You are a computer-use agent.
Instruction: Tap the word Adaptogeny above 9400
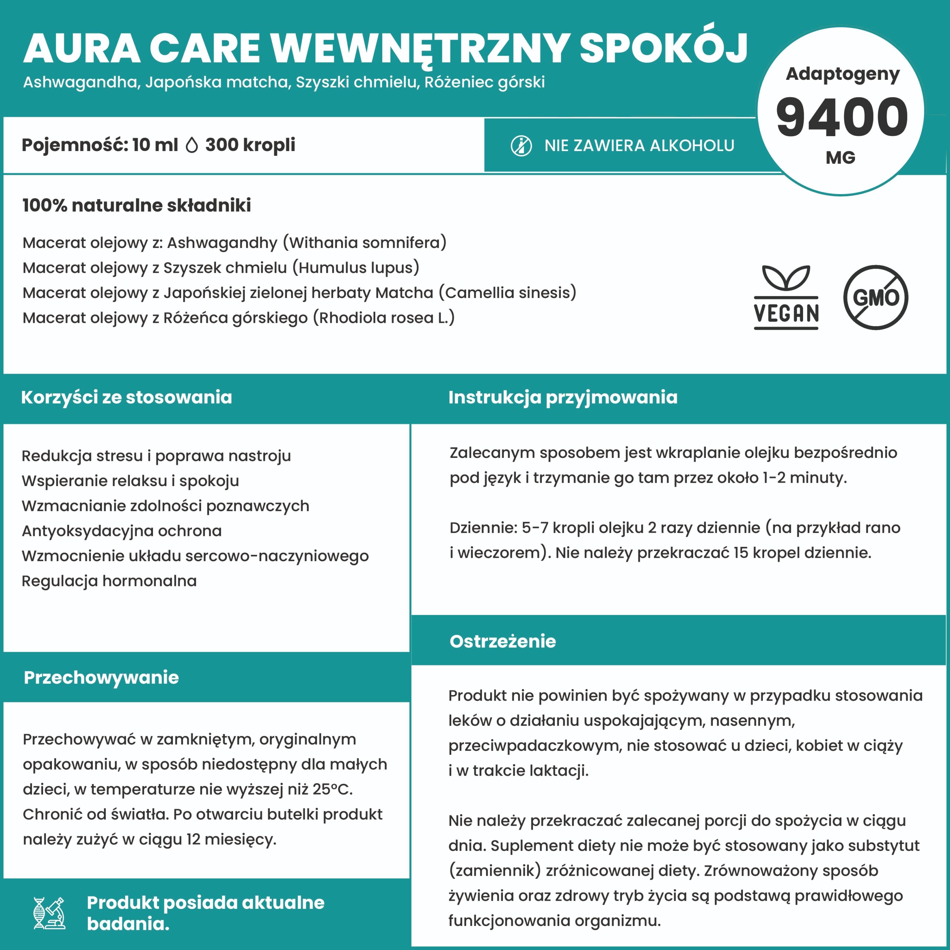click(842, 74)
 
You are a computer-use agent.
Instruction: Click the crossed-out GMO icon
click(876, 297)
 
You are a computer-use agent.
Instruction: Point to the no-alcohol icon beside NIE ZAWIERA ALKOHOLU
click(521, 146)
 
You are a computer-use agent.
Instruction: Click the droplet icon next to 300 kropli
click(192, 145)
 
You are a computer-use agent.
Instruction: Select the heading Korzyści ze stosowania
click(127, 397)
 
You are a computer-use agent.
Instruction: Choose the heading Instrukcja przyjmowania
click(563, 397)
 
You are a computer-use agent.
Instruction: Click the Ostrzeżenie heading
click(502, 641)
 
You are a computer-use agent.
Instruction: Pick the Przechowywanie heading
click(101, 678)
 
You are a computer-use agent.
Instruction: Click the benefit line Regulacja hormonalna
click(109, 581)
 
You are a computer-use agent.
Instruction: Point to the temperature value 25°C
click(332, 789)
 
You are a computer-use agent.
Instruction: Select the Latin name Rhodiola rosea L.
click(384, 318)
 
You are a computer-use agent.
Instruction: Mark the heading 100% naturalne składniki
click(137, 206)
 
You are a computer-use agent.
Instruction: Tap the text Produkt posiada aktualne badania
click(206, 913)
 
